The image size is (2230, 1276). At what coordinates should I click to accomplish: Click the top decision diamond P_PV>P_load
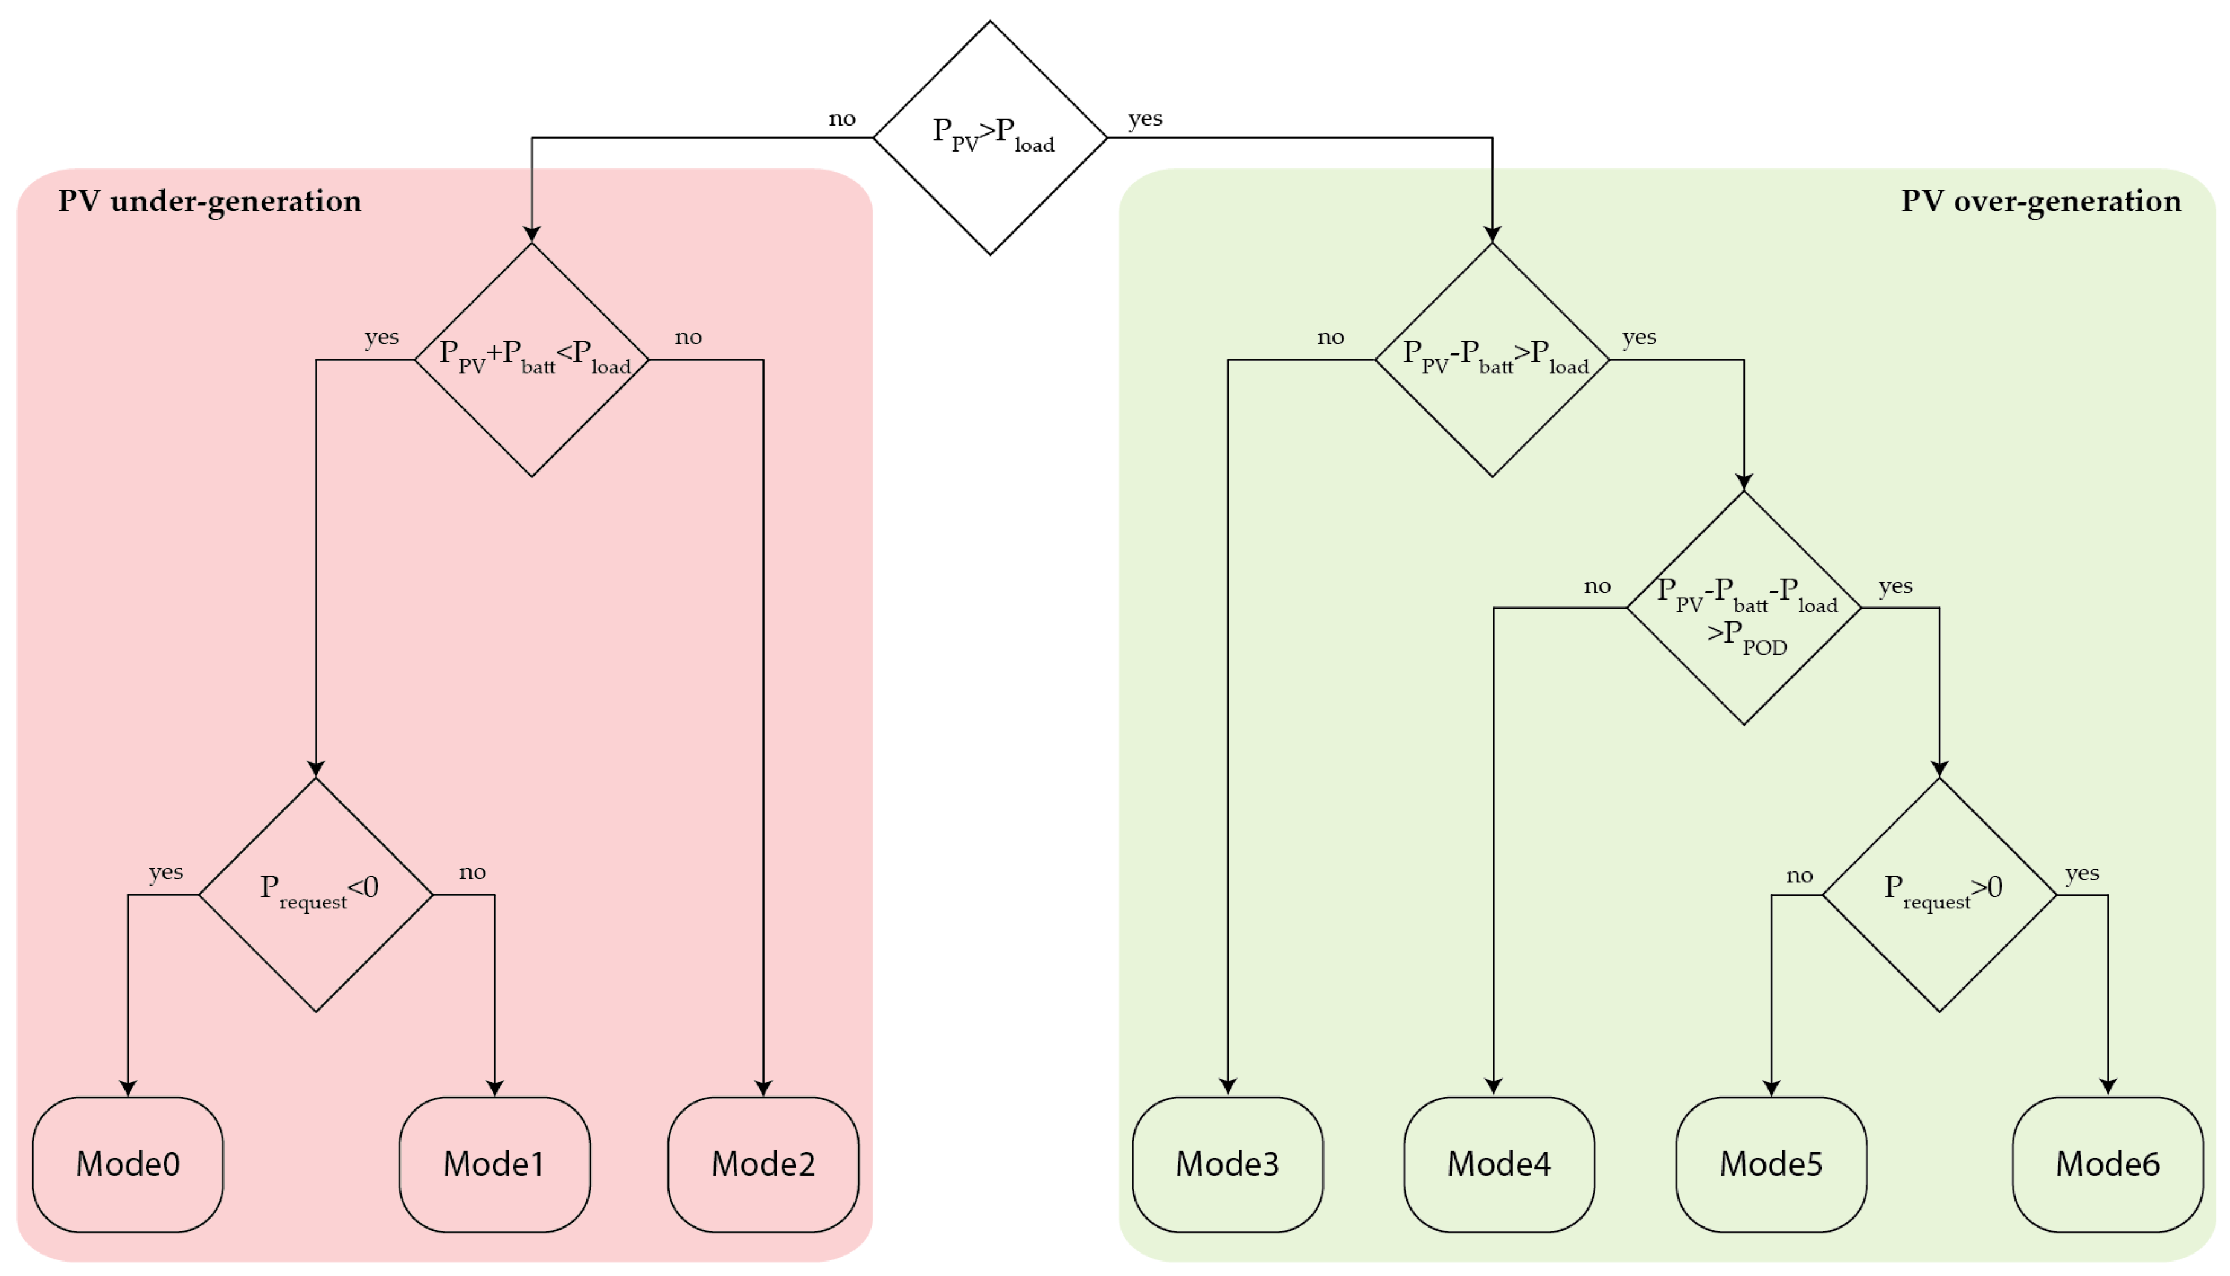991,138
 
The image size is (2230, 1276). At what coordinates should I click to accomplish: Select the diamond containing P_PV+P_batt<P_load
532,359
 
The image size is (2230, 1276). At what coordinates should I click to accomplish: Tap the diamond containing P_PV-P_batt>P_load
1492,359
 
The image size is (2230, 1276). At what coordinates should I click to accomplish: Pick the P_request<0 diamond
317,895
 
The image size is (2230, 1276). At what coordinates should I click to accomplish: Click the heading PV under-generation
210,202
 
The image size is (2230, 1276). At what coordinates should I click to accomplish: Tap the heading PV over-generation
2041,202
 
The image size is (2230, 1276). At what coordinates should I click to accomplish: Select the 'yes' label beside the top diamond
1145,118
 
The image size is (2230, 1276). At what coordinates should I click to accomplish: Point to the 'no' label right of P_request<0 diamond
472,872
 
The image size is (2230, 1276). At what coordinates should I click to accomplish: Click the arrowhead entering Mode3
1227,1087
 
